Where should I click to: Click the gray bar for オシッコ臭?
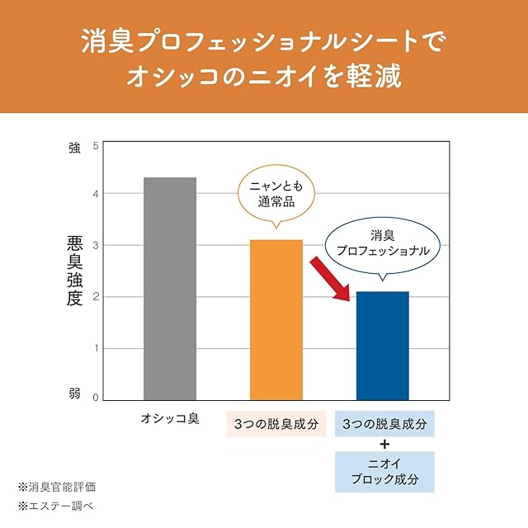tap(170, 289)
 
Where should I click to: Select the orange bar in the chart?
tap(276, 320)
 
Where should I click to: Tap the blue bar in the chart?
tap(382, 346)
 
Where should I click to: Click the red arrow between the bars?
tap(328, 277)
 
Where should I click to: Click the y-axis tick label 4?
tap(96, 194)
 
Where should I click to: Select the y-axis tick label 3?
tap(96, 245)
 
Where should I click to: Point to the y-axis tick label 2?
tap(96, 296)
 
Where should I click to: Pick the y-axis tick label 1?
tap(96, 347)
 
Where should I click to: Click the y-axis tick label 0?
tap(96, 398)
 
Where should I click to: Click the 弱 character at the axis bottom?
tap(74, 394)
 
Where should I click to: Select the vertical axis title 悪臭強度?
tap(75, 271)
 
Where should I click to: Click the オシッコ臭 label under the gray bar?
tap(170, 422)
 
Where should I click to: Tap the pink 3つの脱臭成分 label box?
tap(276, 423)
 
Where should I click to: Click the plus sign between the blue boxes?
tap(384, 444)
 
